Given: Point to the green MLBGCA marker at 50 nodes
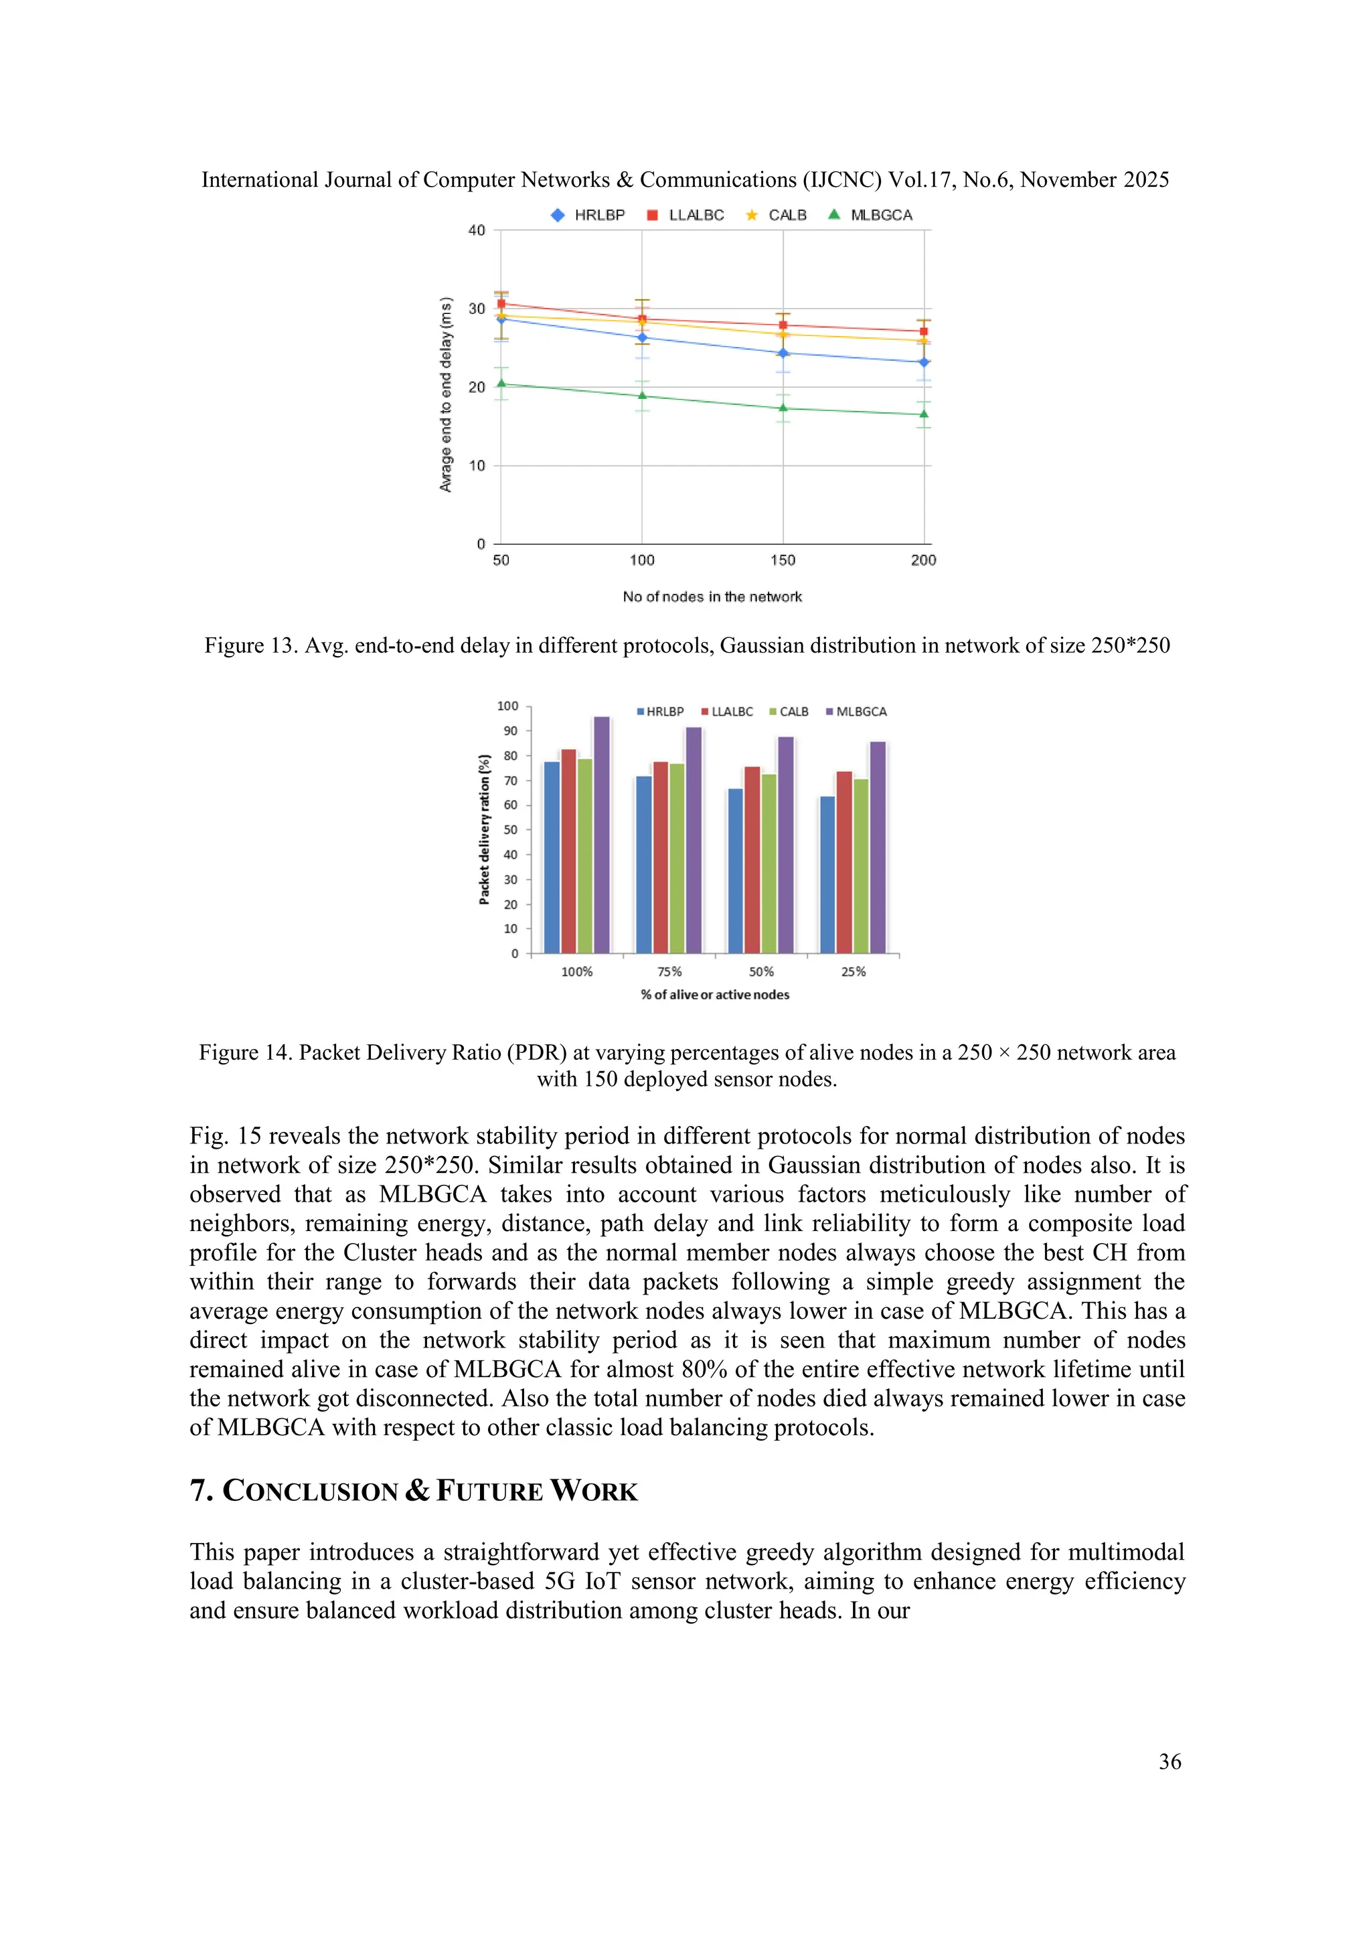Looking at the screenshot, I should click(501, 384).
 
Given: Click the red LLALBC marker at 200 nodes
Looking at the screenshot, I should click(923, 331).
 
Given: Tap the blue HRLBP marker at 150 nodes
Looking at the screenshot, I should click(783, 353).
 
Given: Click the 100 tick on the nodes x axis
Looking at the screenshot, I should click(642, 560).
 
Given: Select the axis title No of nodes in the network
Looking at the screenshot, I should click(712, 596).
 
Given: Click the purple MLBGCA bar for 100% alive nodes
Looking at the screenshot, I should click(601, 835).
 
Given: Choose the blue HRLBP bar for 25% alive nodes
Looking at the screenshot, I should click(827, 874).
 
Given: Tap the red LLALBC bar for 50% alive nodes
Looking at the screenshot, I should click(752, 860).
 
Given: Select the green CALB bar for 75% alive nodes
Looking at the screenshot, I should click(677, 858).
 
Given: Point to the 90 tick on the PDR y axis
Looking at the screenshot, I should click(511, 731).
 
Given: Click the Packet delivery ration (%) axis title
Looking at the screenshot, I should click(484, 829).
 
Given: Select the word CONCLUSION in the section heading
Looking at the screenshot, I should click(310, 1491).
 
